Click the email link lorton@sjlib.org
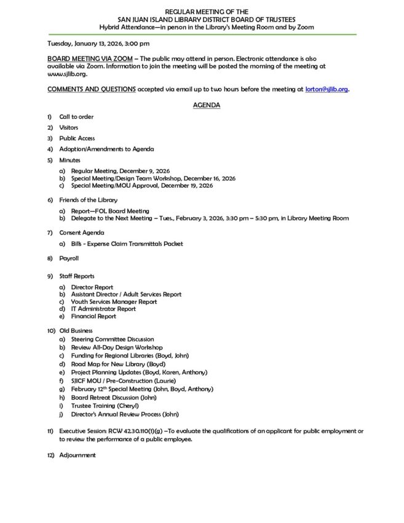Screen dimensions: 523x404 click(327, 89)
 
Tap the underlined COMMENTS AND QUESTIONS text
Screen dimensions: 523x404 click(92, 89)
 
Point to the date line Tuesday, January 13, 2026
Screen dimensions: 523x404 click(98, 44)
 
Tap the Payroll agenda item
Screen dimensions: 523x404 click(69, 258)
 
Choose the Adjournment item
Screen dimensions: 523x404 click(77, 455)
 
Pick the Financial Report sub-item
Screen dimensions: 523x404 click(93, 316)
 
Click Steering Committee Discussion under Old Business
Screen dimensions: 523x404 click(113, 339)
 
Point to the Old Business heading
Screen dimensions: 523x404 click(77, 332)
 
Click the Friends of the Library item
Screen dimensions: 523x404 click(88, 201)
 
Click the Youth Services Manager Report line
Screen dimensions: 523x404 click(114, 301)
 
